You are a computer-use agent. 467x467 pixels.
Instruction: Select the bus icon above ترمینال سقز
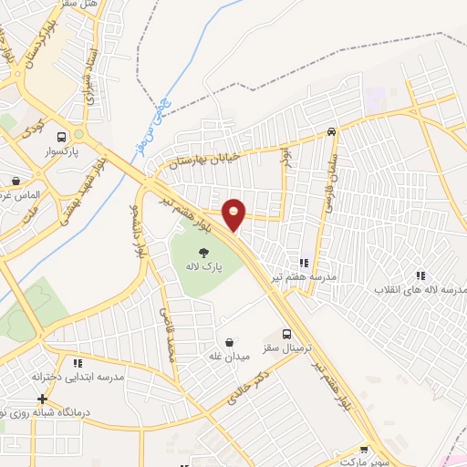(287, 334)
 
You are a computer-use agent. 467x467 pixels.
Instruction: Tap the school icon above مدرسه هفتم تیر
(303, 263)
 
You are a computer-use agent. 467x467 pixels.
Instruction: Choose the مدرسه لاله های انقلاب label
(424, 289)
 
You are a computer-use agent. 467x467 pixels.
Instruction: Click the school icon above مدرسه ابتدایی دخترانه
(78, 363)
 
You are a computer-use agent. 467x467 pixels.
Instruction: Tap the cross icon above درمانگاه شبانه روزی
(42, 399)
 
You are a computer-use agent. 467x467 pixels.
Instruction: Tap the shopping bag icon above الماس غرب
(16, 180)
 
